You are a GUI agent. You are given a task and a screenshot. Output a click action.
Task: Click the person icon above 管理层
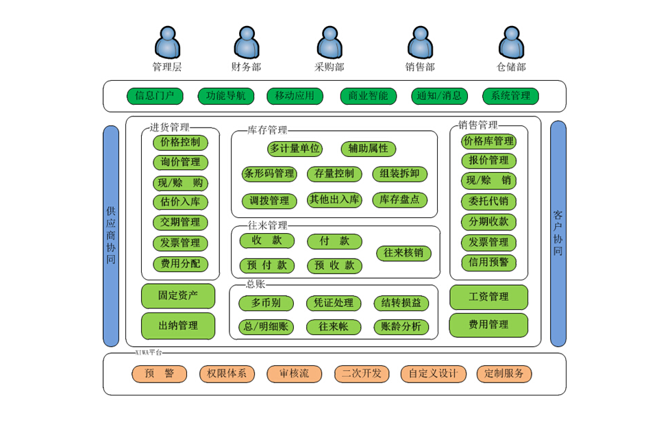pyautogui.click(x=166, y=42)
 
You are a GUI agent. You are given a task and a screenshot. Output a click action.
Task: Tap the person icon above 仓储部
pyautogui.click(x=511, y=42)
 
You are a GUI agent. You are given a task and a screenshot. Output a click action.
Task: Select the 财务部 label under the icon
pyautogui.click(x=246, y=67)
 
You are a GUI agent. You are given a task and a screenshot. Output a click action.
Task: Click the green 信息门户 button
pyautogui.click(x=155, y=96)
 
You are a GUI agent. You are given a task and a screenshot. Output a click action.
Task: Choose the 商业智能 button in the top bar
pyautogui.click(x=368, y=96)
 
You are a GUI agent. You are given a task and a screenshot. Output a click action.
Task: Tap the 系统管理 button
pyautogui.click(x=510, y=96)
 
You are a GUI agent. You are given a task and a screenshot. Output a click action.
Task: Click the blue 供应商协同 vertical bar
pyautogui.click(x=111, y=236)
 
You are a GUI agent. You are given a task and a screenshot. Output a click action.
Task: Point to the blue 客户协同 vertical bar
pyautogui.click(x=558, y=233)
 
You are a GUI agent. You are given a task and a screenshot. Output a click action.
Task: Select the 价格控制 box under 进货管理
pyautogui.click(x=180, y=143)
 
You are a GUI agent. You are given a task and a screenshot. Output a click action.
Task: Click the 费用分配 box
pyautogui.click(x=180, y=264)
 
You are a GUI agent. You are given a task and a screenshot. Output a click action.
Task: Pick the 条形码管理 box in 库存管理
pyautogui.click(x=269, y=174)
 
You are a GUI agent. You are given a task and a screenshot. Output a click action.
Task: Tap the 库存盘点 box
pyautogui.click(x=400, y=200)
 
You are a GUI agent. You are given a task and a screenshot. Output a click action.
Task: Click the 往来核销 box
pyautogui.click(x=403, y=253)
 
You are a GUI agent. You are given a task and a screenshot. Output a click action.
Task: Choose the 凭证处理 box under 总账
pyautogui.click(x=334, y=303)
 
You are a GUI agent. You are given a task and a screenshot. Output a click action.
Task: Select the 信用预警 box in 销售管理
pyautogui.click(x=488, y=262)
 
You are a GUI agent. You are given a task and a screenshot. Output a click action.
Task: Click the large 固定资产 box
pyautogui.click(x=178, y=295)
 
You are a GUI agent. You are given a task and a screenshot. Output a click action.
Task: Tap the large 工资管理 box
pyautogui.click(x=488, y=297)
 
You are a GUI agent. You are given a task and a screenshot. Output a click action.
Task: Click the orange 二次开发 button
pyautogui.click(x=362, y=374)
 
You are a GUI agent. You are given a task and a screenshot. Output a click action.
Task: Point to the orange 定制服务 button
pyautogui.click(x=503, y=374)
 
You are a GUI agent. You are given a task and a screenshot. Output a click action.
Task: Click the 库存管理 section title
pyautogui.click(x=267, y=130)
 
